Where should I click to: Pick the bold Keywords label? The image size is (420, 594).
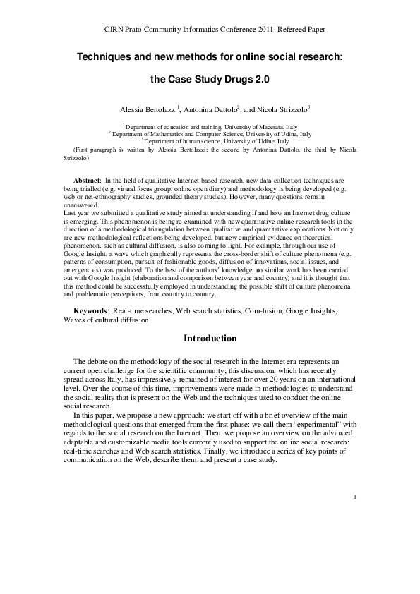[x=91, y=311]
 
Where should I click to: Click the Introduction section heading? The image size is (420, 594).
[x=210, y=339]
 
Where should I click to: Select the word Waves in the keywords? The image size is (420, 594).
[x=76, y=320]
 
